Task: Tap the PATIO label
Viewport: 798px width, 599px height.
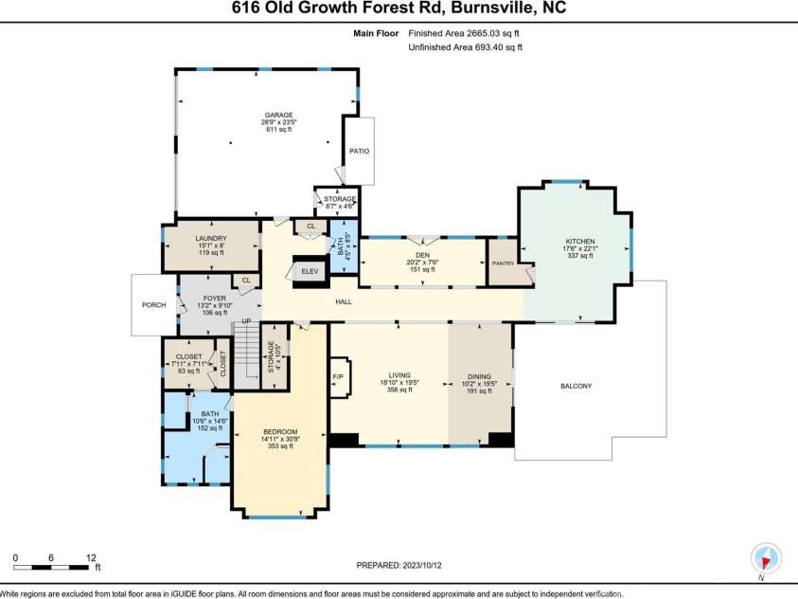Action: pyautogui.click(x=359, y=151)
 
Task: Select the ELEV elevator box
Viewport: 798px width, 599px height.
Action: pyautogui.click(x=310, y=271)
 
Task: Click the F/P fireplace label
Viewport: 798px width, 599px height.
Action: pyautogui.click(x=338, y=377)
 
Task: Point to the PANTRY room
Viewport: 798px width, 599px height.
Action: pyautogui.click(x=501, y=264)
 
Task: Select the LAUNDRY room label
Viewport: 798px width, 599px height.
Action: pyautogui.click(x=210, y=239)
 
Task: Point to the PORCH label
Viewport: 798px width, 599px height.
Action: pyautogui.click(x=152, y=304)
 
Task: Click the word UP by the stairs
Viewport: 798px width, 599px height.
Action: pyautogui.click(x=246, y=320)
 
